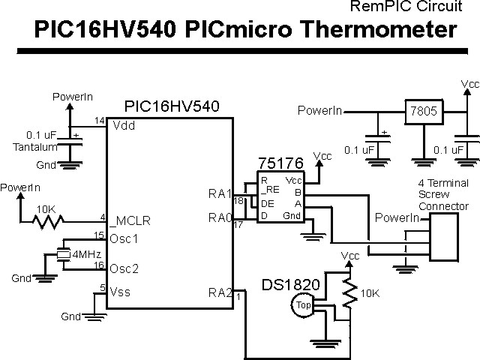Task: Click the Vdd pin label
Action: point(124,126)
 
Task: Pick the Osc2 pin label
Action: point(125,268)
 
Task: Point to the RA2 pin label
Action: point(219,292)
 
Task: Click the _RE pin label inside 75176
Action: point(269,191)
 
